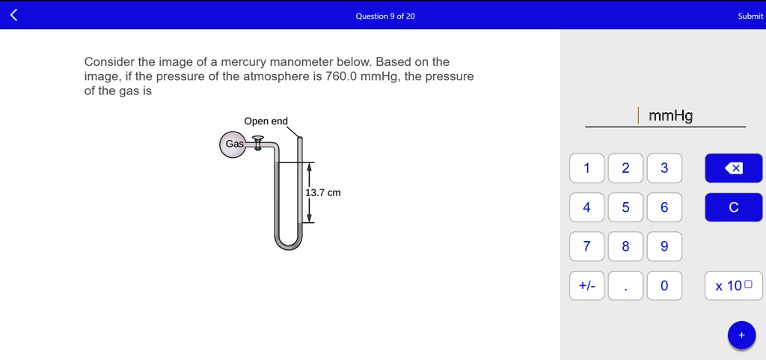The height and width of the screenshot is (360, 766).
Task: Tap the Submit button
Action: pyautogui.click(x=750, y=16)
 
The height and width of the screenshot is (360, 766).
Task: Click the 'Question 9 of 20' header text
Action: pyautogui.click(x=385, y=16)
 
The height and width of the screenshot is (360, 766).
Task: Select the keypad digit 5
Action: pyautogui.click(x=625, y=207)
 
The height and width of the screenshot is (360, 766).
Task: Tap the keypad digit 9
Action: pyautogui.click(x=664, y=246)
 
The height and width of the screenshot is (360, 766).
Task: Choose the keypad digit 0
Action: pyautogui.click(x=664, y=285)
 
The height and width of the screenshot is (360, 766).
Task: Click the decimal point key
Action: pyautogui.click(x=625, y=285)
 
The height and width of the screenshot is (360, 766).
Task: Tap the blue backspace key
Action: pyautogui.click(x=733, y=168)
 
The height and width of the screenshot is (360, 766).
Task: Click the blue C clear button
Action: pyautogui.click(x=733, y=207)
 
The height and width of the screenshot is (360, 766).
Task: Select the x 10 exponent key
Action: pyautogui.click(x=733, y=285)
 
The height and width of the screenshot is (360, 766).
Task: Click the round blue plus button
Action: pyautogui.click(x=741, y=335)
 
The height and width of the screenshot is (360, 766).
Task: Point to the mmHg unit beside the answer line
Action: pyautogui.click(x=671, y=116)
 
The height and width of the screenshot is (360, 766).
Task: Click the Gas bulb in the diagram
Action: pyautogui.click(x=233, y=144)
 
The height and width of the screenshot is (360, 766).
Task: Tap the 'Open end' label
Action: pyautogui.click(x=266, y=121)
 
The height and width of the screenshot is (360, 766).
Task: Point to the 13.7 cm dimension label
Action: pyautogui.click(x=323, y=193)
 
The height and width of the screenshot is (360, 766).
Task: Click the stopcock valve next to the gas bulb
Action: pyautogui.click(x=258, y=142)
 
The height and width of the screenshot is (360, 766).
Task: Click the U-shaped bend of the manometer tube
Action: pyautogui.click(x=288, y=241)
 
